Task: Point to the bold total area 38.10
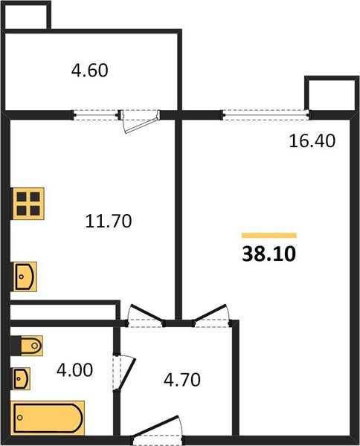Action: tap(269, 254)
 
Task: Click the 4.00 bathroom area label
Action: tap(76, 369)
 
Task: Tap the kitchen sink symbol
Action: tap(25, 276)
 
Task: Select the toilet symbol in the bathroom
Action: tap(27, 346)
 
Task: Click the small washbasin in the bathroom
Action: tap(22, 378)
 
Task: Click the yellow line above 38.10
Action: tap(269, 235)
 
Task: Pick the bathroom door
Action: tap(122, 376)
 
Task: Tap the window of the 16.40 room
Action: tap(266, 114)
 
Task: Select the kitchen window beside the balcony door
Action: tap(97, 114)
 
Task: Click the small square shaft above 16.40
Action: tap(329, 92)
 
